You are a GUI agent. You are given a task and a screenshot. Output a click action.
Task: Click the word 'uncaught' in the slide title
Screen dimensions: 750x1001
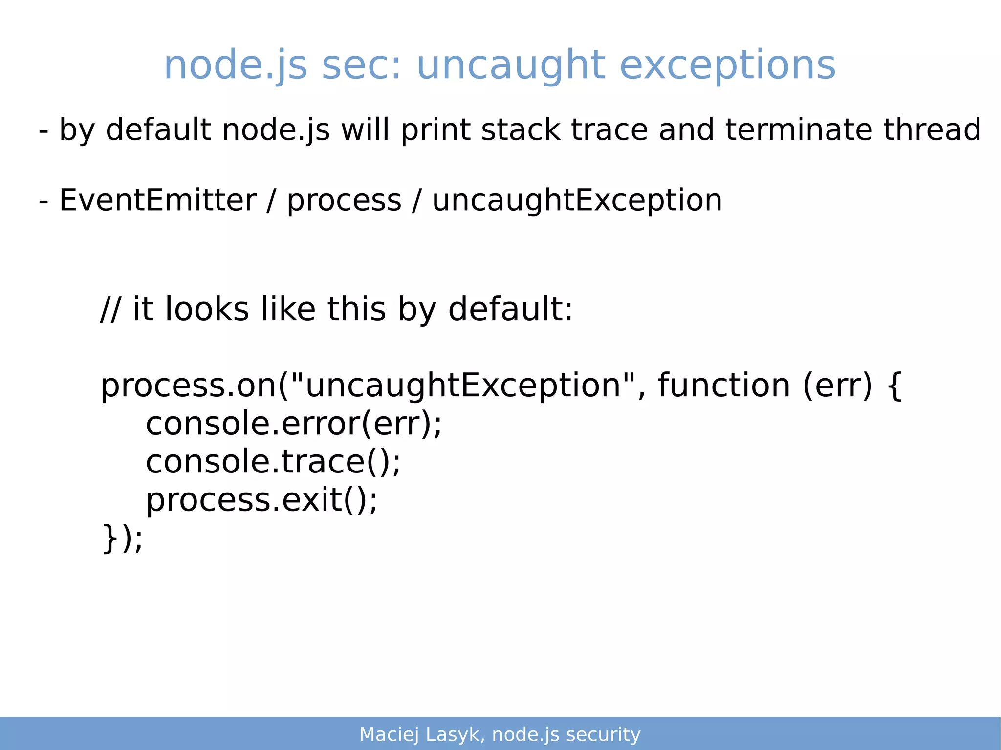511,66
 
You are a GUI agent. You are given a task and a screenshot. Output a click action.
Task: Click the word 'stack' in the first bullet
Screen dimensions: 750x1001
521,130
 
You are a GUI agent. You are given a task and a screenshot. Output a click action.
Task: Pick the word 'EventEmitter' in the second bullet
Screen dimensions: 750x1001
157,200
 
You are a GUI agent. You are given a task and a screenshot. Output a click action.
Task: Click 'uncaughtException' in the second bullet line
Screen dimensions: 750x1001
577,200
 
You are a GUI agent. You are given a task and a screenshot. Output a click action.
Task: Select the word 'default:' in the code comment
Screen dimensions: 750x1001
510,309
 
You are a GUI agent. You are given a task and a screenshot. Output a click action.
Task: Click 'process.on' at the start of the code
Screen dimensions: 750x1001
189,386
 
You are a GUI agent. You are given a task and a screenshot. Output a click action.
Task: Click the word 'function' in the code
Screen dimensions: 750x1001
724,386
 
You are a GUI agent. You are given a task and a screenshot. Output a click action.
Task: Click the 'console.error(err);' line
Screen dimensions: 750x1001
294,424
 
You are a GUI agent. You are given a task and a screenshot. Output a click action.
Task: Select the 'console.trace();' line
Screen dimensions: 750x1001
273,462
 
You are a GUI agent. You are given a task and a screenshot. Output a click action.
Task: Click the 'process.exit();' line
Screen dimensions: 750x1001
262,500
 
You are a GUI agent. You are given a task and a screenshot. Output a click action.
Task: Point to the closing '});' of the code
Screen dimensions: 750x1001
122,538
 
